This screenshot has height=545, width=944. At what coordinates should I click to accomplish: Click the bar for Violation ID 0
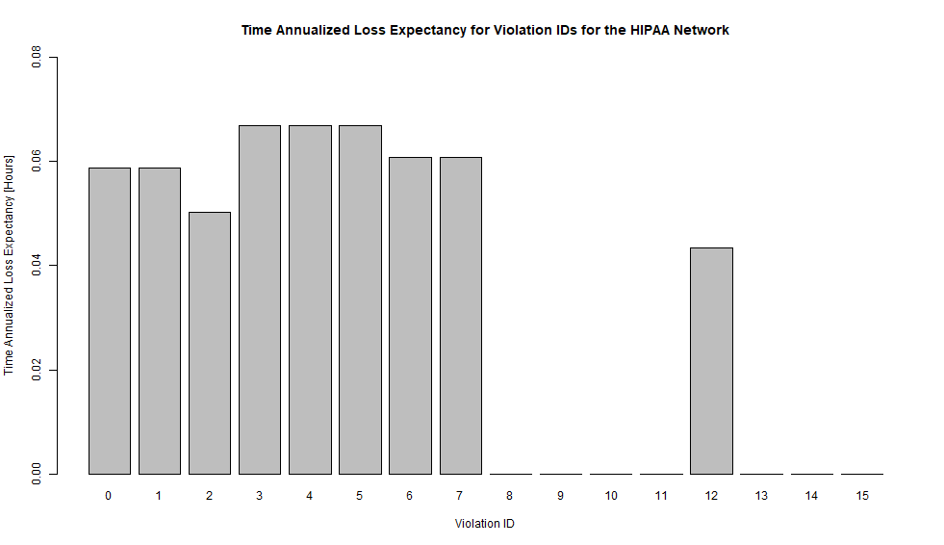109,321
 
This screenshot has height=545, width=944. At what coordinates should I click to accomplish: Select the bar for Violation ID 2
209,343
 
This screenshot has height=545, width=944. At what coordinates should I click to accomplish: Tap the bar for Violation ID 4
310,299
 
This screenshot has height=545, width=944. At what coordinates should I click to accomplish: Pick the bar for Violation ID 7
460,315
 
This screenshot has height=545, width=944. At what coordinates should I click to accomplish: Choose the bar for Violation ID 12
711,361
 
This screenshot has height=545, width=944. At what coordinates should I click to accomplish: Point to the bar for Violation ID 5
360,299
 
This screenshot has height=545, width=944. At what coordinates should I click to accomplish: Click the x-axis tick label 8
510,496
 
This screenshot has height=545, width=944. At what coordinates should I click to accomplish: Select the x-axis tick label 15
861,496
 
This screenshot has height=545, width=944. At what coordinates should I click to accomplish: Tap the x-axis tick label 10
611,496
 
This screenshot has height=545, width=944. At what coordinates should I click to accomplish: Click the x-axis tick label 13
761,496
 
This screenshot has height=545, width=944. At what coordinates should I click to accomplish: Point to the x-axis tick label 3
260,496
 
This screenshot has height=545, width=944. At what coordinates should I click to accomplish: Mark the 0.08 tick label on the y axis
38,57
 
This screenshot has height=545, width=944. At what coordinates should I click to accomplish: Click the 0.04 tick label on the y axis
38,266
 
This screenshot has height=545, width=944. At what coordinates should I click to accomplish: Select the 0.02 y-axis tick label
38,370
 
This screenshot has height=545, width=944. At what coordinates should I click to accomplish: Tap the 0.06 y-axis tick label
38,161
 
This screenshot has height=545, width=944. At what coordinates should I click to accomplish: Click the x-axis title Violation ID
485,524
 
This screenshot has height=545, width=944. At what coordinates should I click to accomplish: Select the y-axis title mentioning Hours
10,265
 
